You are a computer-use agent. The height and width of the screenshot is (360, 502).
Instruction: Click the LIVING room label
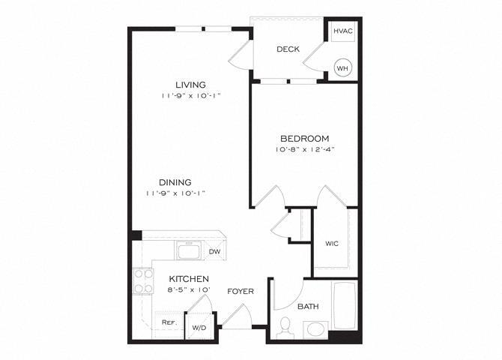tap(190, 84)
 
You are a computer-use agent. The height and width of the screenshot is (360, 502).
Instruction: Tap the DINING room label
tap(175, 181)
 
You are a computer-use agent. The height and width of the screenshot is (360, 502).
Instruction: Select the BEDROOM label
tap(304, 138)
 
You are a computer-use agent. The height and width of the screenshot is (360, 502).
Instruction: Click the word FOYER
tap(241, 291)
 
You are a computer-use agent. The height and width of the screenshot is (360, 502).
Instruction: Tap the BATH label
tap(307, 306)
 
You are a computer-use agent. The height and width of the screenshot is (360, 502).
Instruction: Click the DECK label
tap(288, 49)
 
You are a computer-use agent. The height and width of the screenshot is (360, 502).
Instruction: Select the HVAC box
tap(342, 31)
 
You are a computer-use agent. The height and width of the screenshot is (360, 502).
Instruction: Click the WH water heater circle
tap(342, 67)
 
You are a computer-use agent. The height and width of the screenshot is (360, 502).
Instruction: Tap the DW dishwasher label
tap(214, 252)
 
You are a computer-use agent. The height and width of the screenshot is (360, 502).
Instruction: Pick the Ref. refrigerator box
tap(169, 323)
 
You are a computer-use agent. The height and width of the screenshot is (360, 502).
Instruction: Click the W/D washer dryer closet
tap(199, 327)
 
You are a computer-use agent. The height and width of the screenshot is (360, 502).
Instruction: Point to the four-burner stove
tap(142, 281)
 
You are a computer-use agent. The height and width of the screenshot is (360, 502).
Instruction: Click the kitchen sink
tap(188, 250)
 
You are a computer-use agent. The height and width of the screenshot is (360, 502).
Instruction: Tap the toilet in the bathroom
tap(285, 327)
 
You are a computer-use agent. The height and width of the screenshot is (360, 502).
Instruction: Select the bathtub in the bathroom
tap(345, 304)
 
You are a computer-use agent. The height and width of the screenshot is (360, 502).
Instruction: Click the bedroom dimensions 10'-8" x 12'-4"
tap(304, 149)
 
